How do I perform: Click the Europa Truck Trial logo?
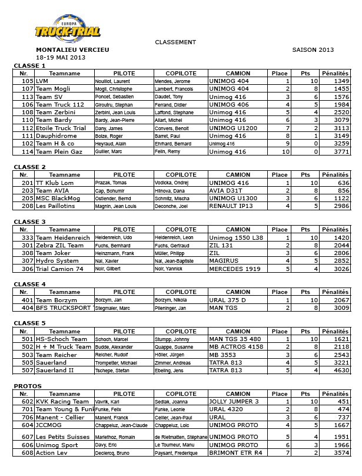[67, 28]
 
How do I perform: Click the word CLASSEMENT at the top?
[175, 42]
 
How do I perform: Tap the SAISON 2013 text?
[313, 50]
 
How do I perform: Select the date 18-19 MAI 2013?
[61, 58]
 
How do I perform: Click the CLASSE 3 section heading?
[29, 222]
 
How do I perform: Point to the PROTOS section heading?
[27, 386]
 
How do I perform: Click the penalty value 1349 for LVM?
[341, 81]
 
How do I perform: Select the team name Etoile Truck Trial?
[61, 128]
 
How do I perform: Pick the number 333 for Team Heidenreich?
[27, 237]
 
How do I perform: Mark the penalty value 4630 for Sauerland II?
[341, 371]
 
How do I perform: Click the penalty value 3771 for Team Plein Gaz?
[341, 152]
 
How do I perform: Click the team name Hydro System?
[57, 261]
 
